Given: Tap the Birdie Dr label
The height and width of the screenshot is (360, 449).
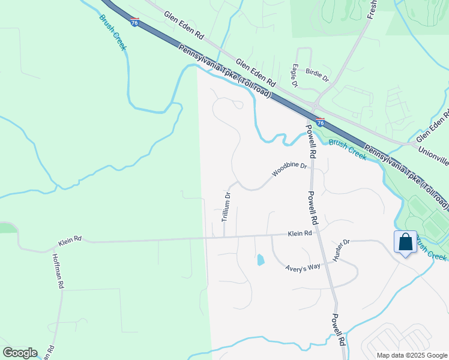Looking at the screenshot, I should (x=318, y=75).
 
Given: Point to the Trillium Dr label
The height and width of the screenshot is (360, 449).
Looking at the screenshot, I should (x=226, y=208).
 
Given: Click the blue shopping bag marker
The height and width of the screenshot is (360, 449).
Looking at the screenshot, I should (x=405, y=242).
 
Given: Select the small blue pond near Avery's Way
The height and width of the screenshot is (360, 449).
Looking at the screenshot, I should (x=260, y=260).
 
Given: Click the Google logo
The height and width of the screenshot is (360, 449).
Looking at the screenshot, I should (x=20, y=353).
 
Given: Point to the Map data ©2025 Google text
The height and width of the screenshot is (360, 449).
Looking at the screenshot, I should (x=412, y=355).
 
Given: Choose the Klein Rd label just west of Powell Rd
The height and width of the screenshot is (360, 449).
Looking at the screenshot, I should (x=300, y=233).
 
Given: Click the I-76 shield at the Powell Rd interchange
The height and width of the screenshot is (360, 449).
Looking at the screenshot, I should (x=320, y=122).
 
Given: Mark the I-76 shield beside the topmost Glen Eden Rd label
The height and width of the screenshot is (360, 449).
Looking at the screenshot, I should (x=134, y=22).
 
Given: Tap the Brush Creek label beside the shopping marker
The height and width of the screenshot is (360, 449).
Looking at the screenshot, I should (x=431, y=250).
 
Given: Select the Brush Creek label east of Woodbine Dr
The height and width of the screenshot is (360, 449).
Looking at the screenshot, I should (x=348, y=149).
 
